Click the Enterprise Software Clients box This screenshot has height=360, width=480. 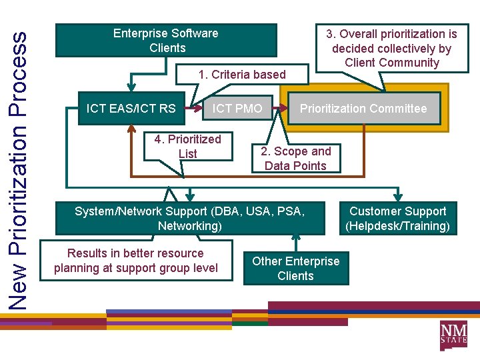(165, 41)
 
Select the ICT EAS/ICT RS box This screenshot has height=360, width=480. (131, 109)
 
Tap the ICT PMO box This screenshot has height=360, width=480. (237, 108)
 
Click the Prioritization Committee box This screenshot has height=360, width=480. (363, 109)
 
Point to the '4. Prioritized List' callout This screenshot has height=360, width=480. (187, 147)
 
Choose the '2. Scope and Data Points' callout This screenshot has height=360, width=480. (295, 159)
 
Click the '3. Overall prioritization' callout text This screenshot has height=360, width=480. (391, 48)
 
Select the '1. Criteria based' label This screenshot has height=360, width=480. (242, 75)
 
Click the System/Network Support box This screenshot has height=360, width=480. (190, 219)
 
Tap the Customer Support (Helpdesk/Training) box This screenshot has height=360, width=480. (397, 219)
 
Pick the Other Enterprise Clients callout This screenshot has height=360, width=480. (295, 269)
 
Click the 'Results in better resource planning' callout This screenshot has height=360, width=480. (136, 261)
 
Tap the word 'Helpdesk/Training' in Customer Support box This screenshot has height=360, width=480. (397, 226)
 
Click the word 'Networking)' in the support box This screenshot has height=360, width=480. (190, 226)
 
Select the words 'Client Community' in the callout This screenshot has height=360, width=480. (392, 63)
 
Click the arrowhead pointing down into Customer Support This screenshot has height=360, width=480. (397, 197)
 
